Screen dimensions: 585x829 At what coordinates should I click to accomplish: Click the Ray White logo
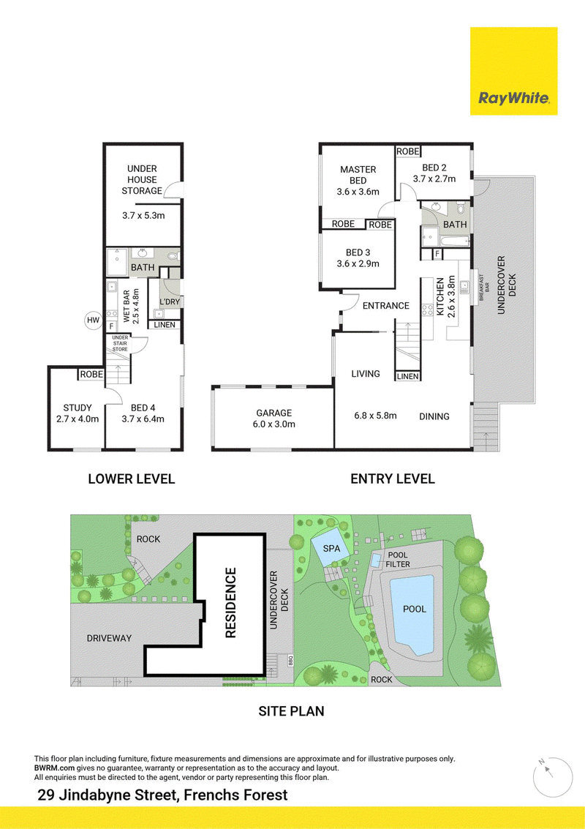[513, 71]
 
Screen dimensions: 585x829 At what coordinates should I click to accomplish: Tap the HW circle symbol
[94, 320]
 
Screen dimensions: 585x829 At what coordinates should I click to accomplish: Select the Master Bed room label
[358, 175]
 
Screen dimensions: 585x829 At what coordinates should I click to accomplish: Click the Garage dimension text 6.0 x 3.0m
[273, 424]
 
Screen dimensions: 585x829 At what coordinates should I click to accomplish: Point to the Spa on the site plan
[331, 549]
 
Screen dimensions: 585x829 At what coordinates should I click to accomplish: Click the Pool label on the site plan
[415, 609]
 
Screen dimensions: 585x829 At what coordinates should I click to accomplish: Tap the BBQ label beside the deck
[290, 660]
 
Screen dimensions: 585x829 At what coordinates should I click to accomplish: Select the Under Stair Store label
[120, 343]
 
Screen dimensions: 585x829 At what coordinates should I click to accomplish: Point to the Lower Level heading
[131, 479]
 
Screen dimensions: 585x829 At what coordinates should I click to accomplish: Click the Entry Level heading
[393, 479]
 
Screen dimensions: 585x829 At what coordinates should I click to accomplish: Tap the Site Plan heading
[291, 711]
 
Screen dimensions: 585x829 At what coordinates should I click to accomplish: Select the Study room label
[78, 408]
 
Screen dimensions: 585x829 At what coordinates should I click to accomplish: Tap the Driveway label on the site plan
[109, 638]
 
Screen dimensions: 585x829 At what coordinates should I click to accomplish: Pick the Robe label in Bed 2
[408, 151]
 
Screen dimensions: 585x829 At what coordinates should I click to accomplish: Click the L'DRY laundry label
[170, 302]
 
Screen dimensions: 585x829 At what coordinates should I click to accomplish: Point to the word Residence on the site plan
[230, 603]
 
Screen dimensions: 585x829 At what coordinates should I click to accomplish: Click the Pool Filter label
[398, 559]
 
